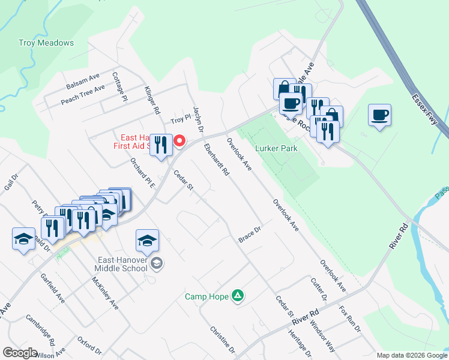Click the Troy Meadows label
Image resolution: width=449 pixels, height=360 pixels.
(46, 43)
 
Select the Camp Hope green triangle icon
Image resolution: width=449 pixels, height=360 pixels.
(238, 295)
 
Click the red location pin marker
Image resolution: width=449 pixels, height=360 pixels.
(179, 141)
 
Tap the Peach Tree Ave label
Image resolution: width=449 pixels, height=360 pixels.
(83, 95)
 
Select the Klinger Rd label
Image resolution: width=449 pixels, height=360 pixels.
(152, 100)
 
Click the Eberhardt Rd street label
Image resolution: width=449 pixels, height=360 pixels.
(216, 160)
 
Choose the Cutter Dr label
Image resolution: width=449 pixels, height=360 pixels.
(319, 289)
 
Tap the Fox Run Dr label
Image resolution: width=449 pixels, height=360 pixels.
(350, 320)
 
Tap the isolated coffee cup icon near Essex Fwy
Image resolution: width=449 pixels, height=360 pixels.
(380, 115)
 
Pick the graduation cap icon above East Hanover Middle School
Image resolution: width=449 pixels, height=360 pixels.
(147, 241)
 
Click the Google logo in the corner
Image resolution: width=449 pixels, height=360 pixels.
(20, 353)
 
